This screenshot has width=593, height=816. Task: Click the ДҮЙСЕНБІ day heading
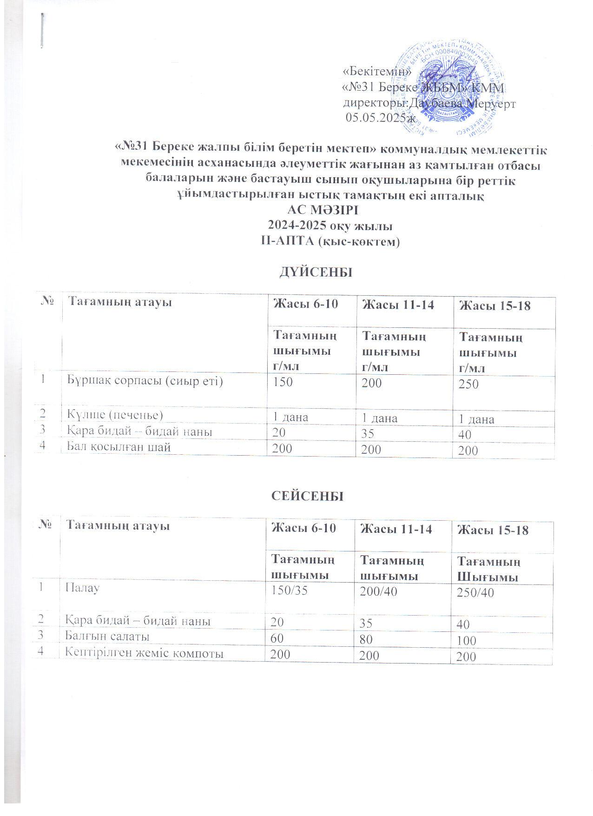316,272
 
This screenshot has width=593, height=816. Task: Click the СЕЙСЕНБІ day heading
307,496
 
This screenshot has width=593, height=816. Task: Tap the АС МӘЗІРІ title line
323,210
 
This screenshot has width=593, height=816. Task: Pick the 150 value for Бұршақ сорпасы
283,382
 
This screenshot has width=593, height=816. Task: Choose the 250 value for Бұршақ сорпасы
468,384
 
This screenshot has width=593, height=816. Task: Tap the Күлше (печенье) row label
115,415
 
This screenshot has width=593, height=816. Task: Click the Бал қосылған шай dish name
119,447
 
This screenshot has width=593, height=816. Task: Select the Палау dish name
82,588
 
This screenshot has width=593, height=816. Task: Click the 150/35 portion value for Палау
289,590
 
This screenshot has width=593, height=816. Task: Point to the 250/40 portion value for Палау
475,593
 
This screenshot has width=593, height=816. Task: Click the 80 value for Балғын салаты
366,639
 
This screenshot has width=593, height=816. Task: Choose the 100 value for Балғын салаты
466,641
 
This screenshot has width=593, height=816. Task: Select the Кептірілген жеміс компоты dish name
144,653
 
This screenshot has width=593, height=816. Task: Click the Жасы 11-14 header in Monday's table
398,305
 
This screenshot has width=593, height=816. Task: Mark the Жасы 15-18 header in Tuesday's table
493,531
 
